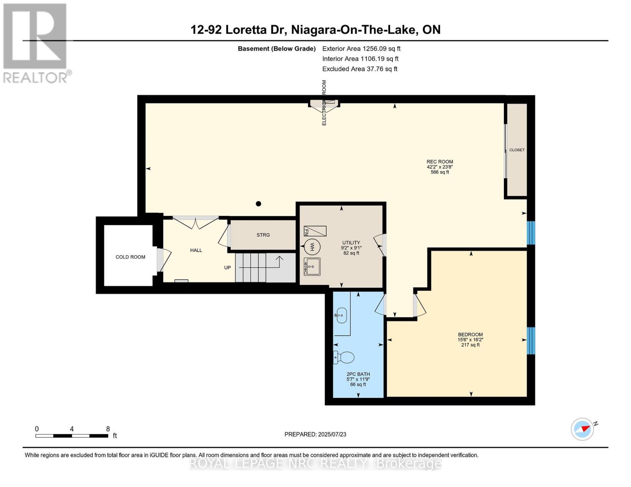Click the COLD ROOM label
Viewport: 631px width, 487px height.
[x=130, y=257]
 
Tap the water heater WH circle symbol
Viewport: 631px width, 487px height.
[x=312, y=246]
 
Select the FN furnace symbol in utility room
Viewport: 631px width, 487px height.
[x=315, y=231]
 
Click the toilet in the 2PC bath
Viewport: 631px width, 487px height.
[x=344, y=358]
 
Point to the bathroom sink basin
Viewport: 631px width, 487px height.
[x=341, y=315]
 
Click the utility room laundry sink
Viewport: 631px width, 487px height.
[x=312, y=267]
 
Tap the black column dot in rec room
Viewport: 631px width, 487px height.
[x=258, y=204]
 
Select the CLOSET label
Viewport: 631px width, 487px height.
[x=517, y=150]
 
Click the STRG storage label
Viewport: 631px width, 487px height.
[x=263, y=235]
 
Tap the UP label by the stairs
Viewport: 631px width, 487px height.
[x=228, y=267]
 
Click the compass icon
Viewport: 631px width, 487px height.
[x=582, y=429]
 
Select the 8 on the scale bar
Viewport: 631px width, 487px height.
[x=108, y=429]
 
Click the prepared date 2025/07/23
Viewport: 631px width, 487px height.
[x=315, y=434]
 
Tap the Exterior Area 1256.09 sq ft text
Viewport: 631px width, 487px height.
[x=361, y=48]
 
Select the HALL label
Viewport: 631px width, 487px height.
[x=196, y=250]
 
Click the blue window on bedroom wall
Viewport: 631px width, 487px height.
[x=531, y=340]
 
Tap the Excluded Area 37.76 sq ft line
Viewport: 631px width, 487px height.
[x=360, y=69]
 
